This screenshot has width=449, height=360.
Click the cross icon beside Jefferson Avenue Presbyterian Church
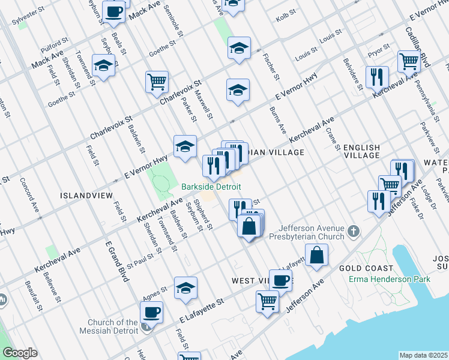(x=354, y=231)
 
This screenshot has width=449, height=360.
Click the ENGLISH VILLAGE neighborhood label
(x=361, y=151)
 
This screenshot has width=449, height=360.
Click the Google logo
(x=20, y=353)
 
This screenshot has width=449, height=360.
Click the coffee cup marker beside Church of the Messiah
(x=151, y=313)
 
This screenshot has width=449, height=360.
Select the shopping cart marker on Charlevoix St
(x=157, y=81)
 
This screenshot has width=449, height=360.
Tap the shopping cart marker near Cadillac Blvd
(x=408, y=61)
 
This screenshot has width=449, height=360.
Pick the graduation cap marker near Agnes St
(x=185, y=287)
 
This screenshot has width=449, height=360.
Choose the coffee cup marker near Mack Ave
(x=113, y=11)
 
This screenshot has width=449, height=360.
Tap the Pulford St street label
(x=55, y=43)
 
